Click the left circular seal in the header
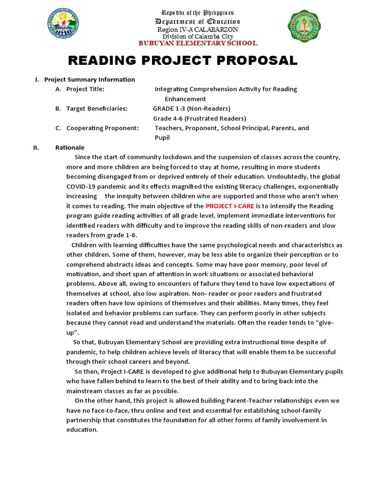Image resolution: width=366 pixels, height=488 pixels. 63,25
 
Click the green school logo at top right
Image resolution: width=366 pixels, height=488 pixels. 305,27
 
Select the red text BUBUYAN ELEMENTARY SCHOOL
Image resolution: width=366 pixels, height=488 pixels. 198,43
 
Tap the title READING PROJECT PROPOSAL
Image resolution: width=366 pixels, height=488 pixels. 183,61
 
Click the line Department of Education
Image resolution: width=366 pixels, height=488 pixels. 197,22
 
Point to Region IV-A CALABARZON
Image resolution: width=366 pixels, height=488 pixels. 197,30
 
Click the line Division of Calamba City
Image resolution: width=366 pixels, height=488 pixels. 197,36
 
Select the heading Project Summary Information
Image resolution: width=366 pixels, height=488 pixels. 90,80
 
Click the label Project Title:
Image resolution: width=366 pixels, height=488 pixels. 85,89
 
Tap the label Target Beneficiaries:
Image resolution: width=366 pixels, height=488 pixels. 97,109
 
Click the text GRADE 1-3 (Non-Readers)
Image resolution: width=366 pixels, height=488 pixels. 192,109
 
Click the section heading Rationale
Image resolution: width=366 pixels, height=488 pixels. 70,148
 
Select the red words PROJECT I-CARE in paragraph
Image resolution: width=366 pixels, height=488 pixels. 230,206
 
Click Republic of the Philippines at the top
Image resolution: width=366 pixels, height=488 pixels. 197,12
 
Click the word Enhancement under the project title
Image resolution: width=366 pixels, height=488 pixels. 185,99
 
